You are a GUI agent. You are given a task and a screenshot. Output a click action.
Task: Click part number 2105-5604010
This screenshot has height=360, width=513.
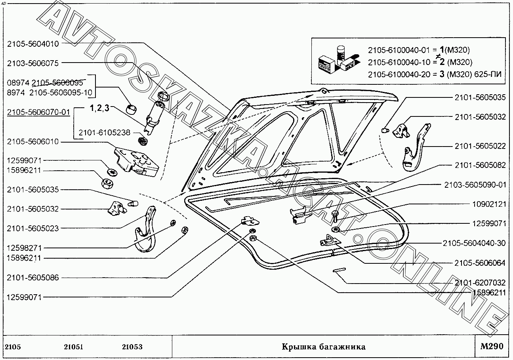point(32,44)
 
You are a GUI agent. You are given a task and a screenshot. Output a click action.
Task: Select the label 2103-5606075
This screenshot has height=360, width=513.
point(32,63)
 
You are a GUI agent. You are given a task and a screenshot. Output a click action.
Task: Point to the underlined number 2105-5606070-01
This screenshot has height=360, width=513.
point(38,112)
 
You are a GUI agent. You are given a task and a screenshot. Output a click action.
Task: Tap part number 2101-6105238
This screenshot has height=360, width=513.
point(104,133)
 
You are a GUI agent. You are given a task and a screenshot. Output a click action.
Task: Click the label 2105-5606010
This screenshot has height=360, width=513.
point(32,142)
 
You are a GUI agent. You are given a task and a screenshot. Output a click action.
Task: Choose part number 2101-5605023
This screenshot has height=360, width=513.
point(32,228)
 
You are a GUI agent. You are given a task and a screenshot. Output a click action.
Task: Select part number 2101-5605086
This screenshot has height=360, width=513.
point(32,278)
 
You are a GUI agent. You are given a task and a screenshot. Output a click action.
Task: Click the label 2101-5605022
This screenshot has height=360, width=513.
point(480,146)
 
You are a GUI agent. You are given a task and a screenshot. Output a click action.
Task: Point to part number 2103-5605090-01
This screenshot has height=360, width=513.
point(475,185)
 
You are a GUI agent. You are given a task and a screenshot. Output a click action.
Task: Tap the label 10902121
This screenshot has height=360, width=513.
point(489,204)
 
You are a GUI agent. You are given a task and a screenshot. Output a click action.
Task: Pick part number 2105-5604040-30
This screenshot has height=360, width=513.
point(475,243)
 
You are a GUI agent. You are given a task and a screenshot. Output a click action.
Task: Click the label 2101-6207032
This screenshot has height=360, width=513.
point(480,283)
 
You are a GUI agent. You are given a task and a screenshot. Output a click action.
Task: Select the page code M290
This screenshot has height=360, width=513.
point(492,347)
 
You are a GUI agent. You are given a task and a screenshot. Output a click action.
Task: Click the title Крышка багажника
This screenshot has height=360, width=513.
point(323,347)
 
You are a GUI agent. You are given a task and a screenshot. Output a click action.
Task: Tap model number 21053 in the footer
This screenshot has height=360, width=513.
point(132,347)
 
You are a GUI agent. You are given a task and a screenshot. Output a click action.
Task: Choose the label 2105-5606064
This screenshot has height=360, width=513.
point(480,263)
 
